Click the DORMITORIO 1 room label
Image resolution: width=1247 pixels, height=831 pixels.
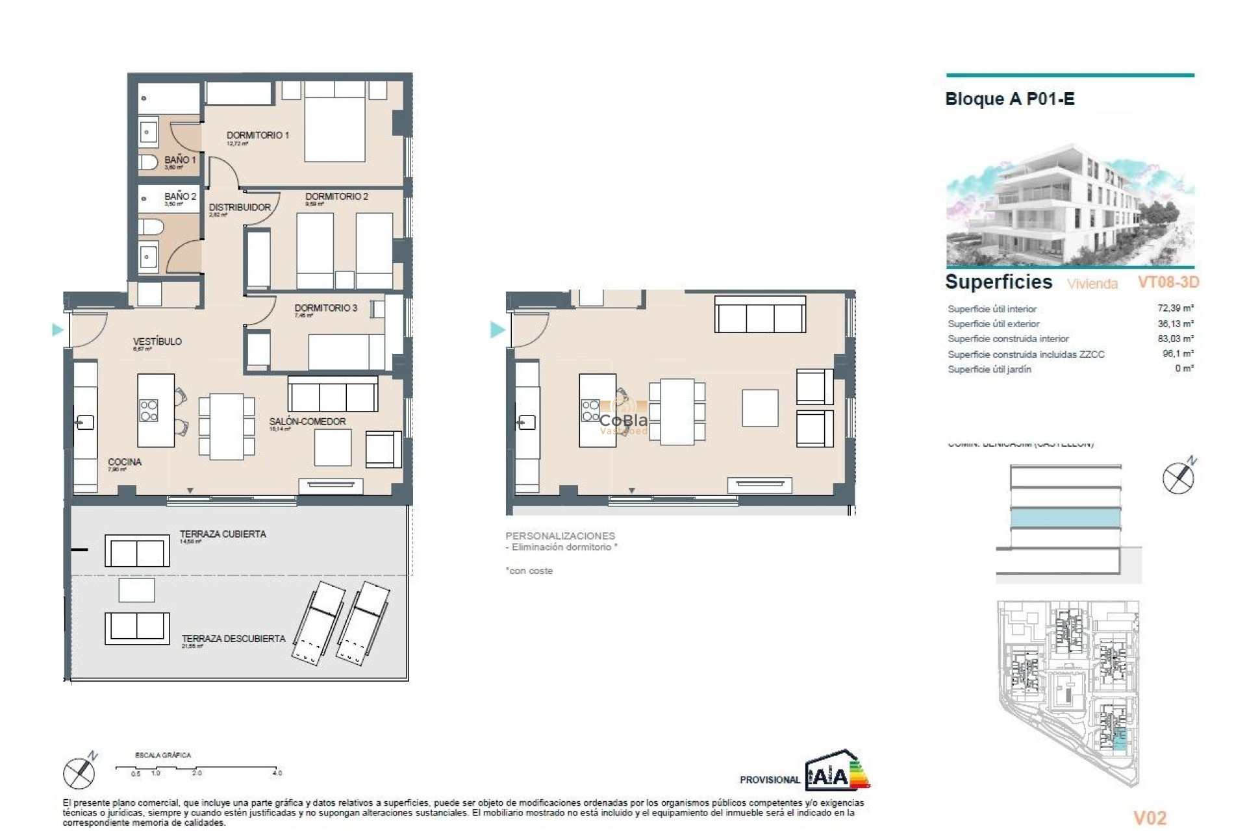tap(257, 135)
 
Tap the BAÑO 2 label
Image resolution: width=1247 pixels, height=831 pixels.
tap(179, 196)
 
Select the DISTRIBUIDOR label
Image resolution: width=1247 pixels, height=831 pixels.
tap(239, 207)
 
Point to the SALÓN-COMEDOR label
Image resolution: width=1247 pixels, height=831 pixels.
tap(307, 421)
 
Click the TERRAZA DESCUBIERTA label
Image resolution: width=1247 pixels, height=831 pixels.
tap(233, 639)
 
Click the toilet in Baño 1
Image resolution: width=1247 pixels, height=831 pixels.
tap(148, 162)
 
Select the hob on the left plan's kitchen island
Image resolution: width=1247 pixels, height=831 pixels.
tap(149, 410)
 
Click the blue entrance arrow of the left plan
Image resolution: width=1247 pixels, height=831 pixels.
tap(58, 330)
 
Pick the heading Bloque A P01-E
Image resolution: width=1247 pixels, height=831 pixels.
tap(1009, 99)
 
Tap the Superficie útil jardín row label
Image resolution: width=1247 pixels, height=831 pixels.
tap(989, 369)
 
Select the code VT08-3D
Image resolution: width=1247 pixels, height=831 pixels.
tap(1168, 282)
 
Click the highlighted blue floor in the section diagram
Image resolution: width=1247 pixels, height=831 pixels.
tap(1065, 518)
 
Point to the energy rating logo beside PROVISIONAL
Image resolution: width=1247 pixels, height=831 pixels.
tap(837, 772)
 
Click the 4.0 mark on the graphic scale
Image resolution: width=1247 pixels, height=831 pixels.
tap(277, 773)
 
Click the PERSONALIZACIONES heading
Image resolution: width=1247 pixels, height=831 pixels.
tap(560, 536)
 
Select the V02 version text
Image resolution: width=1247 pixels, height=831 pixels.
tap(1150, 818)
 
